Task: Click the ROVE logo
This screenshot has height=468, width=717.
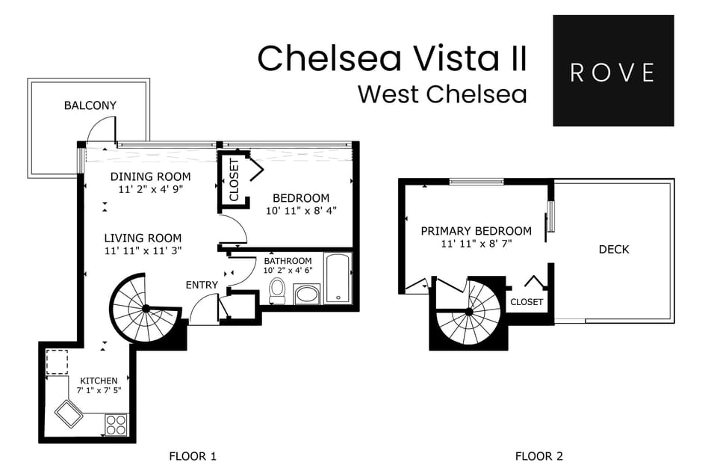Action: point(612,71)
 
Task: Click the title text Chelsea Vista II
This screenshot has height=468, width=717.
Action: point(392,59)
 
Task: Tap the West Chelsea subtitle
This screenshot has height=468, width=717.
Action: point(442,95)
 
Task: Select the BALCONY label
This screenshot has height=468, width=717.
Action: point(90,105)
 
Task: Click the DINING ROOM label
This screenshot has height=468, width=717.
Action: point(150,177)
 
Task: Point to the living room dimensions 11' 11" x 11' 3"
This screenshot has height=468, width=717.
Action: point(143,250)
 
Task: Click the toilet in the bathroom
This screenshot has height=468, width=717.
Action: point(277,291)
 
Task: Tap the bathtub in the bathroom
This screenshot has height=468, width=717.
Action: point(337,279)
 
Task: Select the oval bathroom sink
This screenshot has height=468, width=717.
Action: point(307,294)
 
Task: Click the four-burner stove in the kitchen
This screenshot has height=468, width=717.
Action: point(116,425)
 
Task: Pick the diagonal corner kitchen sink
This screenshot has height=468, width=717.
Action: point(69,413)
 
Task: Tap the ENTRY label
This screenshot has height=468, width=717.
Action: point(202,285)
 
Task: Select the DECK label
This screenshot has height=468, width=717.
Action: point(614,250)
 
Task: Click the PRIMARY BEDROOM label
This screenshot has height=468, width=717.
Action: point(476,231)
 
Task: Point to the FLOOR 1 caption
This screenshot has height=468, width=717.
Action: point(193,456)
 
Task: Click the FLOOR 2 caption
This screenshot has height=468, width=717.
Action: point(534,456)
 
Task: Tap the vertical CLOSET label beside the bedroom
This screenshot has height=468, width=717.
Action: point(234,180)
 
